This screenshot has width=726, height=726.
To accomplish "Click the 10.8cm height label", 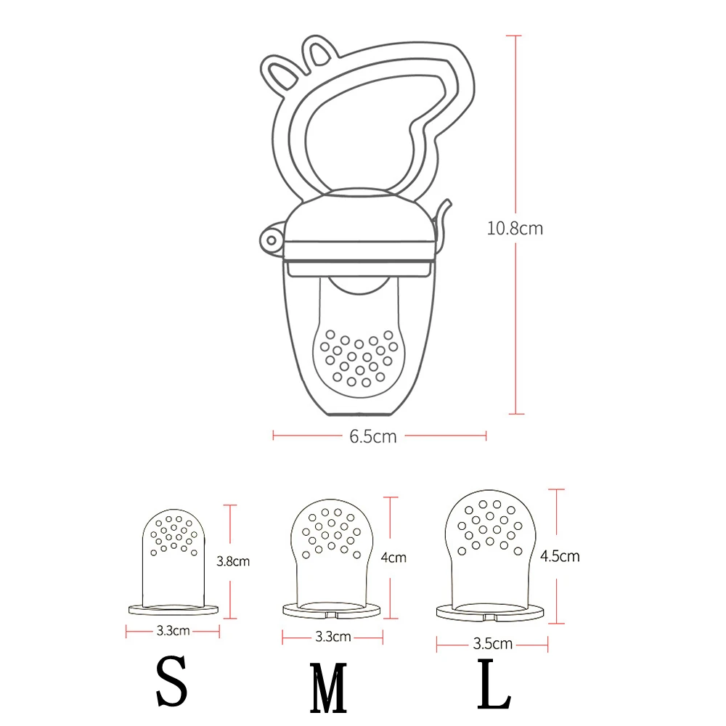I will (515, 228).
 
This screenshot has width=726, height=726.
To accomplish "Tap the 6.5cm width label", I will (372, 437).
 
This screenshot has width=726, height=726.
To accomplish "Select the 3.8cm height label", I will (232, 561).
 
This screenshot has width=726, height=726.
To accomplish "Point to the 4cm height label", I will (393, 558).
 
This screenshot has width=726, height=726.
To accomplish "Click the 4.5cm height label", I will (560, 557).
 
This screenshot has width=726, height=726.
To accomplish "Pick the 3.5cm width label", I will (492, 643).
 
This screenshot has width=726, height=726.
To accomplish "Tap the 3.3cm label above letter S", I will (173, 631).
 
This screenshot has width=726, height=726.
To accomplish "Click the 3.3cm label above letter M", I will (333, 637).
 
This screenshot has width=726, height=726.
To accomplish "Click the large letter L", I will (495, 684).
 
